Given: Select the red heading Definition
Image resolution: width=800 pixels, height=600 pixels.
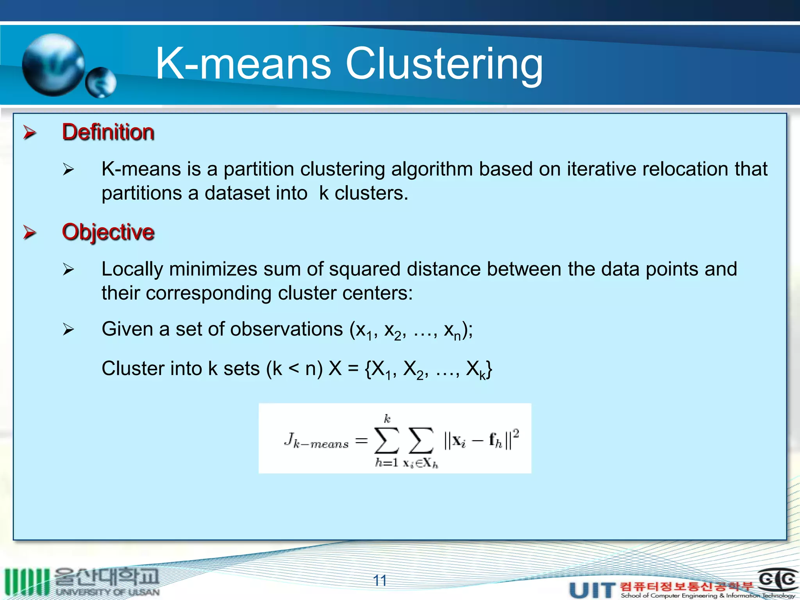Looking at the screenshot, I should (108, 132).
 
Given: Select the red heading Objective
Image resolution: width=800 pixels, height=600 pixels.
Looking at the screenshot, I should (108, 232).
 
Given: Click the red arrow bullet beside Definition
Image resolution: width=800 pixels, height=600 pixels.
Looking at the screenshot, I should (30, 132).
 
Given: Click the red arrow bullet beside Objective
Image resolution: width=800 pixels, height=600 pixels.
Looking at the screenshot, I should (30, 232).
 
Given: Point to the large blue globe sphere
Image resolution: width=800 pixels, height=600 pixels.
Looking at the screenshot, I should (53, 65).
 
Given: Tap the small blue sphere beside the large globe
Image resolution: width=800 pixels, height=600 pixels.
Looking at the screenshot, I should (101, 82).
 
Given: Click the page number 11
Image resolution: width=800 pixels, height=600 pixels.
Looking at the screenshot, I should (380, 580).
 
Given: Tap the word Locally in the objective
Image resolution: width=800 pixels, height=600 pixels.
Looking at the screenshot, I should (132, 269).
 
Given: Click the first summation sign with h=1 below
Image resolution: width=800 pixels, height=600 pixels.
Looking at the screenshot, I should (386, 440).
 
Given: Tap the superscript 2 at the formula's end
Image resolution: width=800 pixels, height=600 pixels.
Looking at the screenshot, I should (516, 433).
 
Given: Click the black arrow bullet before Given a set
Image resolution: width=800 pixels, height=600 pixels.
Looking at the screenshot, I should (68, 330).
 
